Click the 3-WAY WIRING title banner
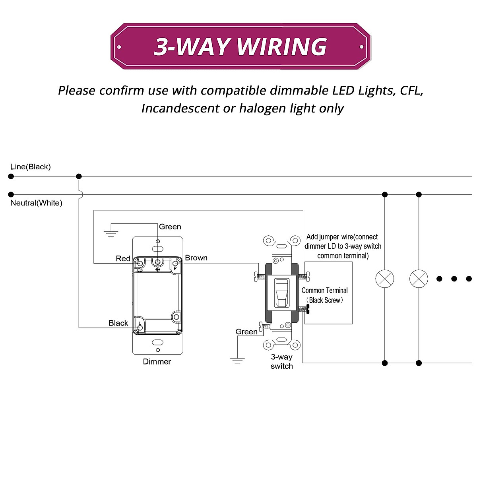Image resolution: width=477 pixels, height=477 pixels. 240,47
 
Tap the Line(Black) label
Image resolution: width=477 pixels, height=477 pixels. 31,167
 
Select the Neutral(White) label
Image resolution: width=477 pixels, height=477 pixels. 36,203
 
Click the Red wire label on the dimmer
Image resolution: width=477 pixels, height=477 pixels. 123,259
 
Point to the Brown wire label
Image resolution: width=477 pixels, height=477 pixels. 196,258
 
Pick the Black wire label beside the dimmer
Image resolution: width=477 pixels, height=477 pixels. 118,323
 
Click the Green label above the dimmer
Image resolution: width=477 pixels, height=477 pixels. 170,227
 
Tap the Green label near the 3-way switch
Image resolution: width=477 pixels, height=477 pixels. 246,332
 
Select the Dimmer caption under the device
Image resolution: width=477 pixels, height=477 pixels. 157,362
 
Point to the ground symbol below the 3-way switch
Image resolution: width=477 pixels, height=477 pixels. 237,360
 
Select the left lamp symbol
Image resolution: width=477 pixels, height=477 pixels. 385,279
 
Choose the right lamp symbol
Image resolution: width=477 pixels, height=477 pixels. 419,279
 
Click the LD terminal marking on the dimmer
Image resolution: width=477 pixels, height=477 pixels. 140,270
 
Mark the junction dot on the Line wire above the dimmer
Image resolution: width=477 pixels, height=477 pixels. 79,176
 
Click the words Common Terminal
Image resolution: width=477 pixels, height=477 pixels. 324,291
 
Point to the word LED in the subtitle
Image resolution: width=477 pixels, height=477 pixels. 343,91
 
